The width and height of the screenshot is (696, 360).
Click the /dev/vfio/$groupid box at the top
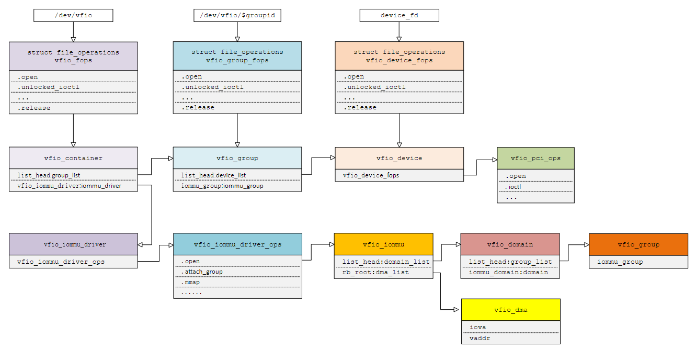(237, 16)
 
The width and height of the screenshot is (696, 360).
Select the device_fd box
(399, 16)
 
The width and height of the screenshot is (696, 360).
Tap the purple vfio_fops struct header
(73, 56)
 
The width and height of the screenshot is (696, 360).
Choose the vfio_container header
(73, 158)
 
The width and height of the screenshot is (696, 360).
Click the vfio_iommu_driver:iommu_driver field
(70, 186)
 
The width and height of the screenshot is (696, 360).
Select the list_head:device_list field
(214, 175)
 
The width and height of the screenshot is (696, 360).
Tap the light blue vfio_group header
(237, 158)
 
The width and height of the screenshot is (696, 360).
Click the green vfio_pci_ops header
(535, 158)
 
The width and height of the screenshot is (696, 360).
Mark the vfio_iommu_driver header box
(73, 244)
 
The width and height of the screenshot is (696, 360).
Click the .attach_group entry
(202, 272)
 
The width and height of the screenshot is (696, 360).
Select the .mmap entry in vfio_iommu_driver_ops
(191, 282)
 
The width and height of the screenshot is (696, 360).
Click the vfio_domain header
(510, 244)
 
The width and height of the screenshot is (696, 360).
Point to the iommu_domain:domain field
(508, 272)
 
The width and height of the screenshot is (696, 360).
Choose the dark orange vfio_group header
(638, 244)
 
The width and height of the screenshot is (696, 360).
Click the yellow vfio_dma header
(510, 310)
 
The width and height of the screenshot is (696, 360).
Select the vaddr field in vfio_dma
(479, 338)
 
